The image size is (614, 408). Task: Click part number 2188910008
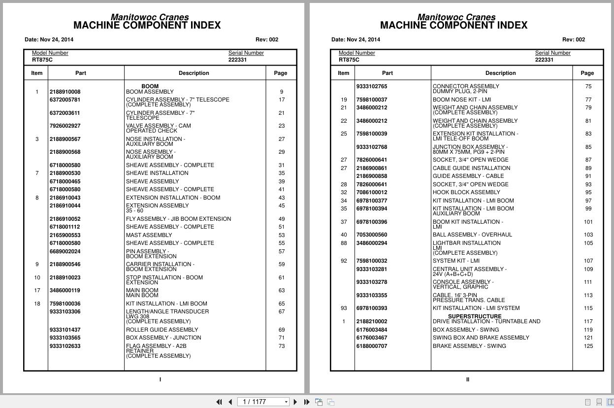pos(65,92)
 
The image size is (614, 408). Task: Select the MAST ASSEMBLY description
pos(149,235)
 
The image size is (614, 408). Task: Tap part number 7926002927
pos(65,126)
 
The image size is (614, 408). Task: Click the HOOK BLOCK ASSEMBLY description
pos(466,192)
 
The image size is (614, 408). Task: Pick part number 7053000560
pos(371,235)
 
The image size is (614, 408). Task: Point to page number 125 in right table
pos(588,346)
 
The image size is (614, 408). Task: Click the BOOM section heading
pos(150,86)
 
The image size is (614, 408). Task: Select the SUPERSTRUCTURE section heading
pos(475,316)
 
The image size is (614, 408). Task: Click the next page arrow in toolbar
pos(295,402)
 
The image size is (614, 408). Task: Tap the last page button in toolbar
pos(307,402)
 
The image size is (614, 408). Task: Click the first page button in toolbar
pos(219,402)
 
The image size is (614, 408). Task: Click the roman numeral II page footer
pos(467,379)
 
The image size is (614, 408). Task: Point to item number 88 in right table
pos(344,243)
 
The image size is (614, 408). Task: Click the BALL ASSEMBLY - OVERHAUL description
pos(472,235)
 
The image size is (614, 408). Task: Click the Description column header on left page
pos(194,73)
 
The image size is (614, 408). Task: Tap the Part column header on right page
pos(388,73)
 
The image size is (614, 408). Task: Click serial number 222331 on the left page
pos(237,60)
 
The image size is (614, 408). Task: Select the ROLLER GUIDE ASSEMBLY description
pos(162,330)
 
